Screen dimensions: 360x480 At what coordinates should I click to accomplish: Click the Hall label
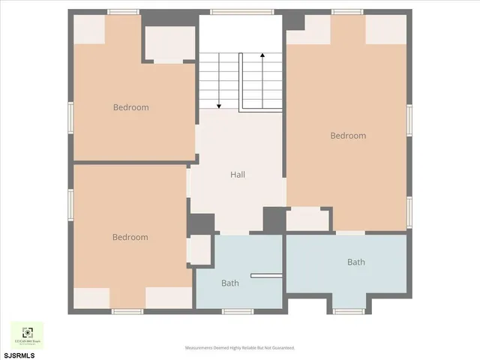[238, 175]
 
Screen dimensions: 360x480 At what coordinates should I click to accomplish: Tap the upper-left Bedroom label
[130, 107]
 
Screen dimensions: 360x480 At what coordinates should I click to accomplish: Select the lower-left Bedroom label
[130, 237]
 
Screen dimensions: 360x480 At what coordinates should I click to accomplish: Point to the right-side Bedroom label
[348, 136]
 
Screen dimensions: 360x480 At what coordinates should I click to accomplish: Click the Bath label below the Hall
[229, 283]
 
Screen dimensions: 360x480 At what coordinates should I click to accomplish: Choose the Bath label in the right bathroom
[355, 262]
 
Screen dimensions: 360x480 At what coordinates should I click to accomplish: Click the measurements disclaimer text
[240, 348]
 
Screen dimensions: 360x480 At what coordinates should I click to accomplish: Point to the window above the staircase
[229, 12]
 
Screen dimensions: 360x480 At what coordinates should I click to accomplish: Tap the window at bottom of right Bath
[348, 310]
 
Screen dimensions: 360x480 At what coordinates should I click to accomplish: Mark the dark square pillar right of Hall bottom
[274, 220]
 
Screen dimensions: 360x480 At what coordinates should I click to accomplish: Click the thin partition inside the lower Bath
[266, 275]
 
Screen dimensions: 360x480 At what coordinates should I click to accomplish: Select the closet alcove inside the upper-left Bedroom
[169, 44]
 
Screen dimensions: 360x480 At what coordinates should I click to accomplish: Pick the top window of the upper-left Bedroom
[123, 12]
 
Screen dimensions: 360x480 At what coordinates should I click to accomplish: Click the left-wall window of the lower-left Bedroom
[70, 201]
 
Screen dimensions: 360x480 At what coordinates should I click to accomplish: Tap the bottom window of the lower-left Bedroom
[127, 310]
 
